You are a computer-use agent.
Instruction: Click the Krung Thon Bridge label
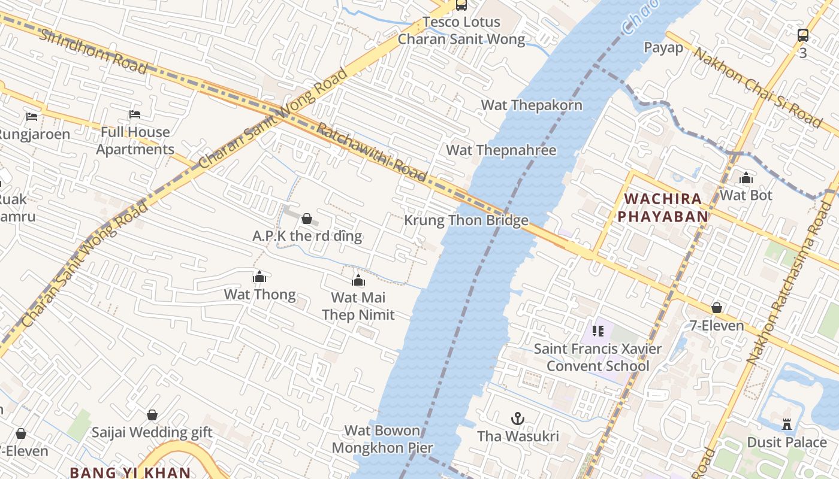(x=466, y=220)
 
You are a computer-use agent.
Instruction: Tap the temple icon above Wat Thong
(x=259, y=277)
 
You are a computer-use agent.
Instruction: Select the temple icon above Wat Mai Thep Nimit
(x=358, y=280)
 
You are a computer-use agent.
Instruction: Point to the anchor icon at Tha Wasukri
(x=517, y=419)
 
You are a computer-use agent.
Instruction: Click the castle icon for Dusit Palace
(x=787, y=425)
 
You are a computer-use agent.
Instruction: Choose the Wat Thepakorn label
(x=532, y=105)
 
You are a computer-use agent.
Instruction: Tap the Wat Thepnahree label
(x=501, y=150)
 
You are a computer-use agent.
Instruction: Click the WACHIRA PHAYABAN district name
(x=663, y=207)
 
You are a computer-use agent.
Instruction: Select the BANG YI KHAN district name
(x=130, y=472)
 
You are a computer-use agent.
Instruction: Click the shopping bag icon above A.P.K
(x=307, y=219)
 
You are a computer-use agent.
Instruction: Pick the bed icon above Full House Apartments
(x=135, y=114)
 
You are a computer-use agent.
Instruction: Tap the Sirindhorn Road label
(x=93, y=50)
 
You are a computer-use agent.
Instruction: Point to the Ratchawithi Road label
(x=371, y=152)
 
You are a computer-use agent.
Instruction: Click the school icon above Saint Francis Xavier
(x=597, y=331)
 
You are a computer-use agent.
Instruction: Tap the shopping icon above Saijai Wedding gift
(x=152, y=415)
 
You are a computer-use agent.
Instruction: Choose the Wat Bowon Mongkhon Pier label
(x=382, y=439)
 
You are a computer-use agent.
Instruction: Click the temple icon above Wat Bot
(x=746, y=178)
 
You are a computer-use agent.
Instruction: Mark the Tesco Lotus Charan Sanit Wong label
(x=461, y=31)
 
